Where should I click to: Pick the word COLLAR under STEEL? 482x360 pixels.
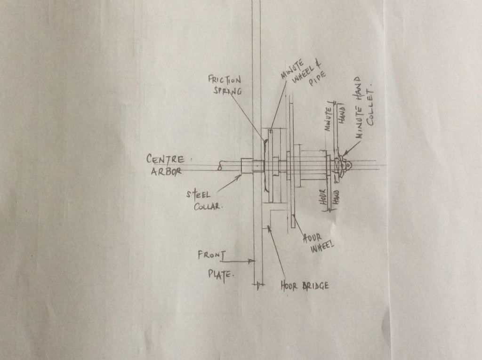[x=208, y=207]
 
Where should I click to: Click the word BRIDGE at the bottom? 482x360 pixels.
[x=313, y=285]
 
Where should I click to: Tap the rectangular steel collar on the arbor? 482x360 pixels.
[x=247, y=166]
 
